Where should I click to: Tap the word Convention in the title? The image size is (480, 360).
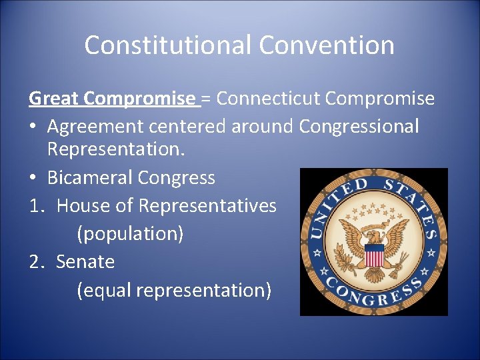click(327, 45)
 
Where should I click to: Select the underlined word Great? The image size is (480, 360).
click(53, 99)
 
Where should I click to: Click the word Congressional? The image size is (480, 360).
click(359, 126)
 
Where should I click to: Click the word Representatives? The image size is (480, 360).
click(207, 206)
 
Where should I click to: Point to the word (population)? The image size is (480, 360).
click(130, 234)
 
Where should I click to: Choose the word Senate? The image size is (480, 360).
click(85, 262)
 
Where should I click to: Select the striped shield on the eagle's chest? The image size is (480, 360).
click(375, 254)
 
